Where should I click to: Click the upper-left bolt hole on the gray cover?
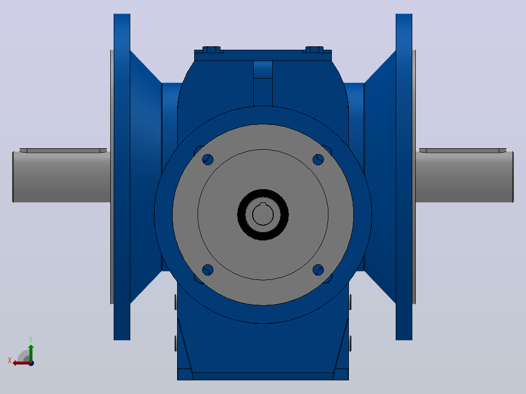click(x=208, y=159)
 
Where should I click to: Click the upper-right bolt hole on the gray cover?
click(x=318, y=159)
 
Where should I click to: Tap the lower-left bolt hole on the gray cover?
click(x=208, y=270)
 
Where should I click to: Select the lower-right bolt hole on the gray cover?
click(x=318, y=270)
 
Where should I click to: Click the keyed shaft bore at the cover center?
click(x=263, y=214)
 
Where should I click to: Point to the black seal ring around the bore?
click(x=263, y=192)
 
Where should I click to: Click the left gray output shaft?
click(x=61, y=177)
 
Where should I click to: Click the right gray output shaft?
click(x=465, y=177)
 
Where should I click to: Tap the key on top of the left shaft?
click(x=63, y=151)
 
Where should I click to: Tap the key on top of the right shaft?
click(x=463, y=151)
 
